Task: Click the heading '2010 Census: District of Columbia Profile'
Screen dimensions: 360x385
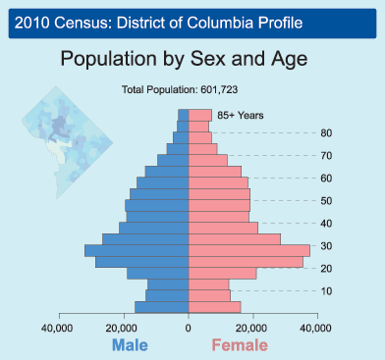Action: pyautogui.click(x=152, y=21)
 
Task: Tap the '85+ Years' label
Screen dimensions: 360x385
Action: pyautogui.click(x=240, y=116)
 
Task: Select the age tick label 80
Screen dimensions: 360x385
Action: pyautogui.click(x=325, y=133)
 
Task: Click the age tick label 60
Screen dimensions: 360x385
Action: pyautogui.click(x=325, y=179)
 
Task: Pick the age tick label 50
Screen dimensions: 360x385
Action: pyautogui.click(x=325, y=201)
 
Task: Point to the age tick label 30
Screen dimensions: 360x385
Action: pyautogui.click(x=325, y=246)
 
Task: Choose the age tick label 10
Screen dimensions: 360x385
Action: pyautogui.click(x=325, y=291)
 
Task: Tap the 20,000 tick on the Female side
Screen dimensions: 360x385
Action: pyautogui.click(x=252, y=329)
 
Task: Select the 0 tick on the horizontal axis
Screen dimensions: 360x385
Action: pyautogui.click(x=189, y=329)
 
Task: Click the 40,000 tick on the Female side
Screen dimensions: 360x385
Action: pyautogui.click(x=316, y=329)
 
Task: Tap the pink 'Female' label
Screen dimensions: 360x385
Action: pyautogui.click(x=239, y=345)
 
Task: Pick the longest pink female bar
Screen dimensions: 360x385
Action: pyautogui.click(x=248, y=251)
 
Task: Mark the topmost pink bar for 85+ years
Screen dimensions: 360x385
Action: pyautogui.click(x=199, y=115)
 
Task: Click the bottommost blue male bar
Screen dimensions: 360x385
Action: pyautogui.click(x=162, y=307)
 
